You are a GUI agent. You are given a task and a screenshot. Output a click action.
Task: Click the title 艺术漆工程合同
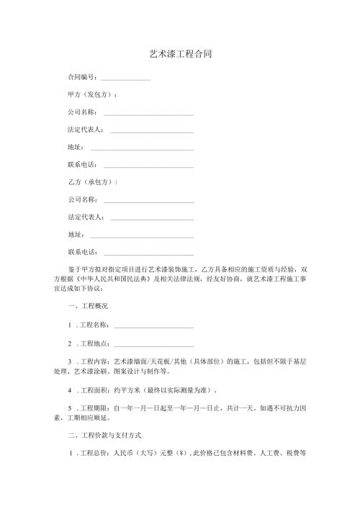(179, 54)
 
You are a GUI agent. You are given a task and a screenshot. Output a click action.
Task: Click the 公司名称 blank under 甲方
(148, 113)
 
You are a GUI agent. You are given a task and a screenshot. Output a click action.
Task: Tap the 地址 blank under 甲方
(142, 148)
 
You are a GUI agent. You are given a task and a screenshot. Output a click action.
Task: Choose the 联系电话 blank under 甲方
(148, 166)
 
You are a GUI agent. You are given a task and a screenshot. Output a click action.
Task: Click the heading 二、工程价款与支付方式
(104, 436)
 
